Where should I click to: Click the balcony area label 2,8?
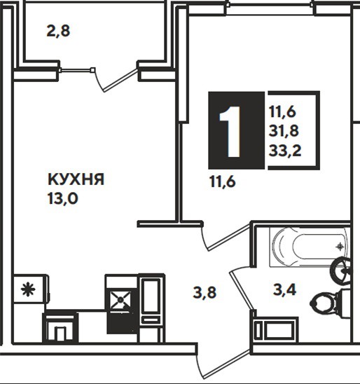coord(58,32)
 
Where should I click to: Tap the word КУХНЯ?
coord(76,179)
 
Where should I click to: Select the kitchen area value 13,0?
coord(63,198)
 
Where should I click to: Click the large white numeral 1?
coord(230,132)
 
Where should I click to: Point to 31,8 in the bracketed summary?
coord(284,131)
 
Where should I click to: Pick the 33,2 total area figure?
coord(285,151)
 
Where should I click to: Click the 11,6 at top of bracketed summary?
coord(283,112)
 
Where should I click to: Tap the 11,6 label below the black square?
coord(223,181)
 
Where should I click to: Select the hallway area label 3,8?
coord(205,293)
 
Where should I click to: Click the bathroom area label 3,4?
coord(284,289)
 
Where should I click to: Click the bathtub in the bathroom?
coord(310,247)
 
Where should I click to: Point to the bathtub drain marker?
coord(340,247)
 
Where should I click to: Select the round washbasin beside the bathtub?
coord(341,271)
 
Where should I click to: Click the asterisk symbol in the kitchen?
coord(28,289)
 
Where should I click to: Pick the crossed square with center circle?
coord(120,300)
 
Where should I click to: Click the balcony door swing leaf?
coord(120,80)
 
